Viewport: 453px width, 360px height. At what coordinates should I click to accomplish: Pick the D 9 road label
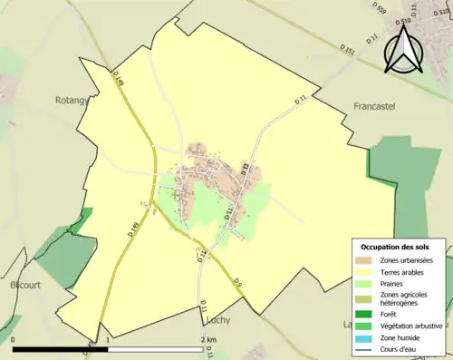pos(238,284)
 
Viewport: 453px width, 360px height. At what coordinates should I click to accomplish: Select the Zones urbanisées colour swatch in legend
pos(364,261)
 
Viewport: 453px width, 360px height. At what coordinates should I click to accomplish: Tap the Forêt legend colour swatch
pos(364,315)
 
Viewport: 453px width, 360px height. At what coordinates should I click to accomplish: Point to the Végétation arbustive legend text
pos(412,326)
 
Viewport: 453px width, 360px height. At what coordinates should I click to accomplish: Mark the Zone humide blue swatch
pos(364,337)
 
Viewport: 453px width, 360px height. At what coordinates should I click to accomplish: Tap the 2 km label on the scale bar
pos(208,340)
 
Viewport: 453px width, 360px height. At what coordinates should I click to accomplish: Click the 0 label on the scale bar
pos(14,340)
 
